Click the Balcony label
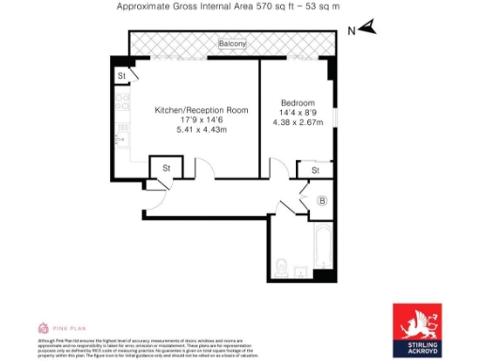(x=232, y=44)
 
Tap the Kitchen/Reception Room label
(x=201, y=110)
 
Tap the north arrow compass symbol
(x=365, y=28)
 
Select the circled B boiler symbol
(x=322, y=200)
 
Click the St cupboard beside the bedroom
(x=313, y=170)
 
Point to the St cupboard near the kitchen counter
(x=122, y=76)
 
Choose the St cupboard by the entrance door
(x=165, y=169)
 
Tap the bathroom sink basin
(x=299, y=273)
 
